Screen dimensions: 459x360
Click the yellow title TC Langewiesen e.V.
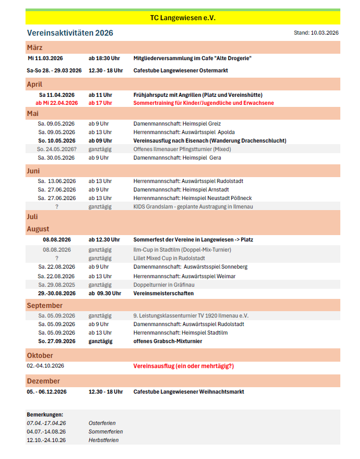182,18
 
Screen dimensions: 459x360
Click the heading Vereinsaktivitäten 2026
70,33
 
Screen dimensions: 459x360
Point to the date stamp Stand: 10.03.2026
316,33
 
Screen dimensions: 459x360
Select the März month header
35,48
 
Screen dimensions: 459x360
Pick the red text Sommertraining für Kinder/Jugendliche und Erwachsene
204,103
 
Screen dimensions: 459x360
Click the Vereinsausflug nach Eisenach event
210,141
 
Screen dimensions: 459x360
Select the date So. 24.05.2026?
57,149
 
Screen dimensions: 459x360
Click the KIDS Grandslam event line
192,207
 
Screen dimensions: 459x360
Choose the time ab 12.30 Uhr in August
104,240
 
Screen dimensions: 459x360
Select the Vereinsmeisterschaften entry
163,294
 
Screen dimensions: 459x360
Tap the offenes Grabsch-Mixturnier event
168,341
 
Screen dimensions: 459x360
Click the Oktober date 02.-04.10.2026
45,366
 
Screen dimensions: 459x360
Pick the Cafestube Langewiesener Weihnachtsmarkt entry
188,392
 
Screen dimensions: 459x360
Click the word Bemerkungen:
45,414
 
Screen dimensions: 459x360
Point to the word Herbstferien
104,440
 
